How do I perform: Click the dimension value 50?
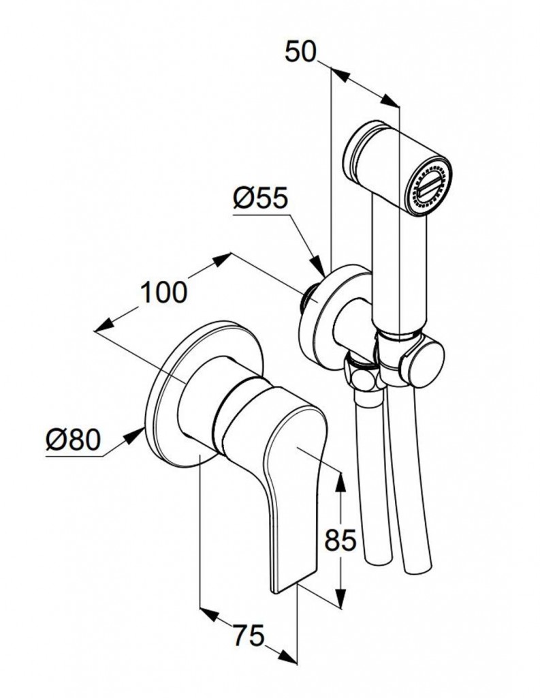[300, 52]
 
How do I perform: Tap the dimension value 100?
[163, 292]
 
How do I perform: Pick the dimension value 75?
[248, 637]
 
